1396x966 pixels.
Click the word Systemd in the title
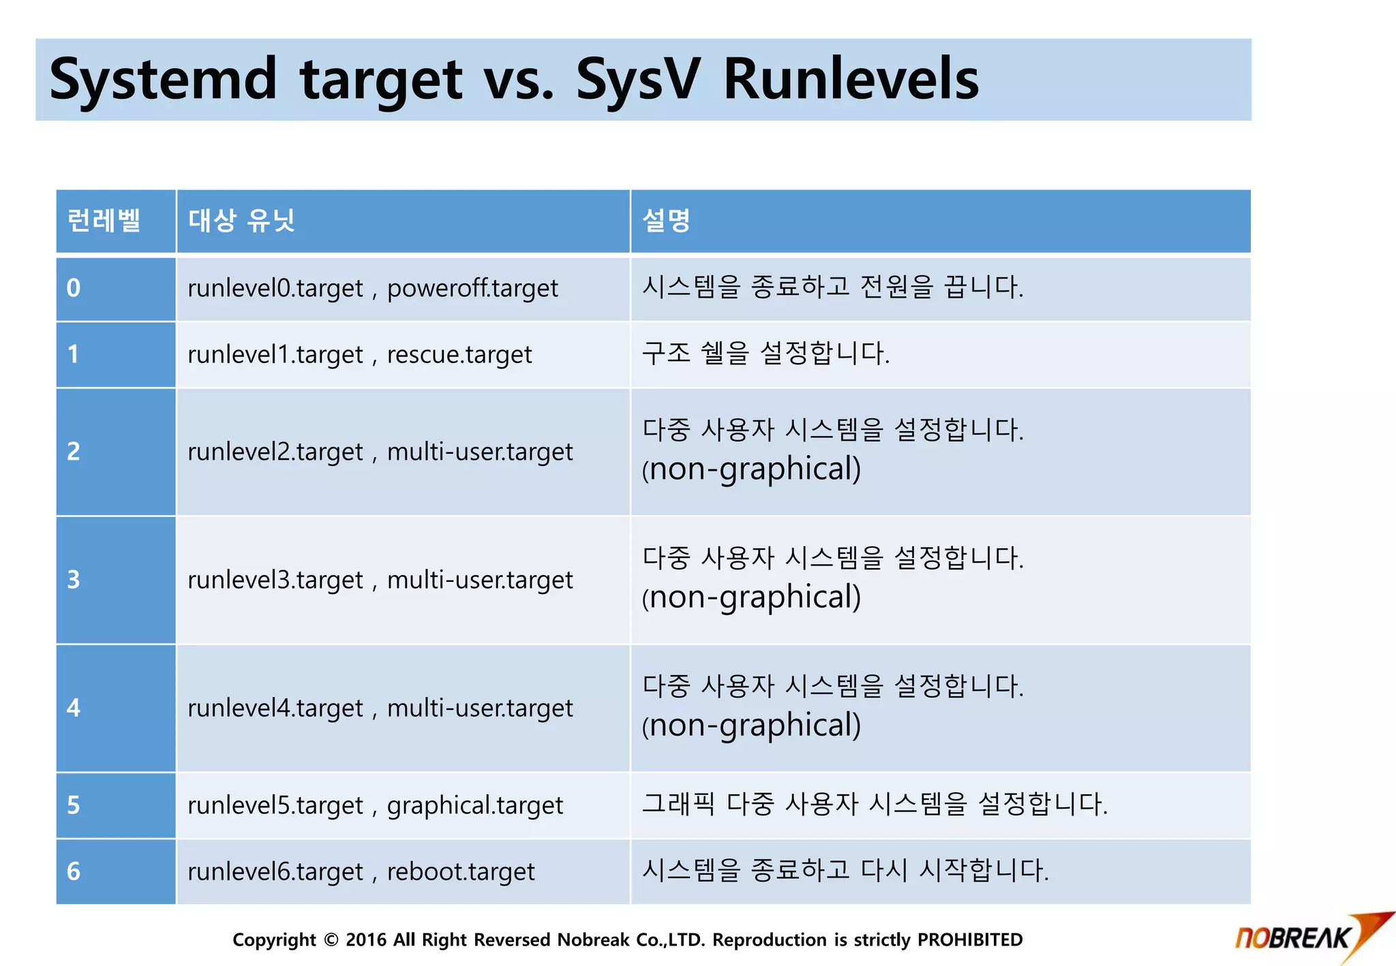click(163, 80)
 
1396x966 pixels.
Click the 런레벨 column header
click(104, 221)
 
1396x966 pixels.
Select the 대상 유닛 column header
click(241, 221)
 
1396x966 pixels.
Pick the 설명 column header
click(666, 221)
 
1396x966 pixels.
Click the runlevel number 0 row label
click(74, 288)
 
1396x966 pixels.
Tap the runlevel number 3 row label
click(74, 580)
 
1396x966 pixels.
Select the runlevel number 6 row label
click(74, 871)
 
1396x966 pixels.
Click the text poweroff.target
click(472, 288)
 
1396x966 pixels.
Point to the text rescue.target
click(459, 354)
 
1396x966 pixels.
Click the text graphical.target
click(475, 805)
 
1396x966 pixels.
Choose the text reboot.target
click(461, 871)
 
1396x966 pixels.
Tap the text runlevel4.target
click(275, 708)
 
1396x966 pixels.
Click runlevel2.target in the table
click(275, 452)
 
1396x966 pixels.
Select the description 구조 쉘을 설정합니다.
click(765, 354)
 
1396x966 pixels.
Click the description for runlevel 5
click(875, 805)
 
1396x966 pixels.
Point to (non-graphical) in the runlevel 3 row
click(751, 597)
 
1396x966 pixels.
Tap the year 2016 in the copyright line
click(366, 940)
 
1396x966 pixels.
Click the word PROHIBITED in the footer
click(969, 940)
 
